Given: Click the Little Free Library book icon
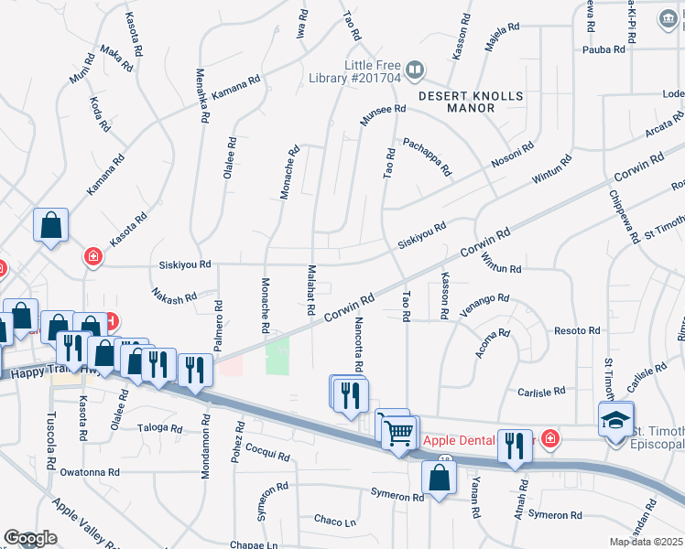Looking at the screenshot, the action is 414,70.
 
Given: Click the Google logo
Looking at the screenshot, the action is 29,538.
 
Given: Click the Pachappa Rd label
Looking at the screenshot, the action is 428,156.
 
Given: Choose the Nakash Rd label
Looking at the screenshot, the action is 174,296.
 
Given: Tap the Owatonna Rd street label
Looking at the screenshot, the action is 90,472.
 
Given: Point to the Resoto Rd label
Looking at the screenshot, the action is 577,330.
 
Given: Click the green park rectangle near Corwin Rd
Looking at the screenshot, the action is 277,355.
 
